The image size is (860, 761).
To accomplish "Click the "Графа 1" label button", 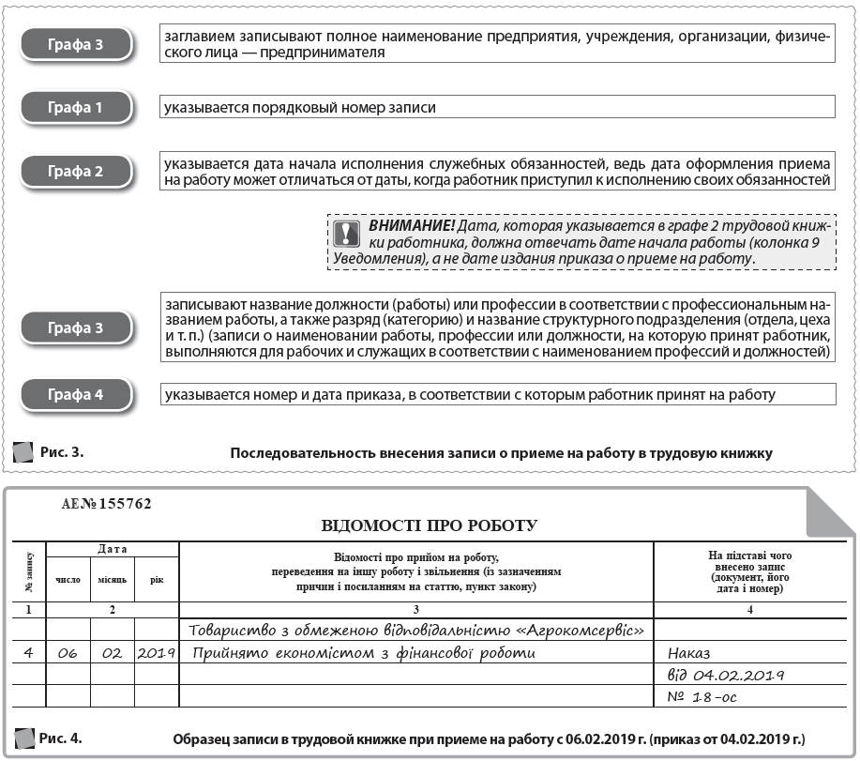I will click(76, 108).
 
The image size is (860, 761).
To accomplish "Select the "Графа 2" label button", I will click(76, 172).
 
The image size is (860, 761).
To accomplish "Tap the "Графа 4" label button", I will click(76, 395).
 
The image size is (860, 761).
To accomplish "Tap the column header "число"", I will click(68, 579).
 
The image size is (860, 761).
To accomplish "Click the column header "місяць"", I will click(113, 579).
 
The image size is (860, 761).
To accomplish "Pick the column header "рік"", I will click(157, 579).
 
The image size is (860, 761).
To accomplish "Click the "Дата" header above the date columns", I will click(113, 549).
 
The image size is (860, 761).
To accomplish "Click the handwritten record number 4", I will click(29, 651).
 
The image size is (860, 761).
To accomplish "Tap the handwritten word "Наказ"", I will click(690, 652).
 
